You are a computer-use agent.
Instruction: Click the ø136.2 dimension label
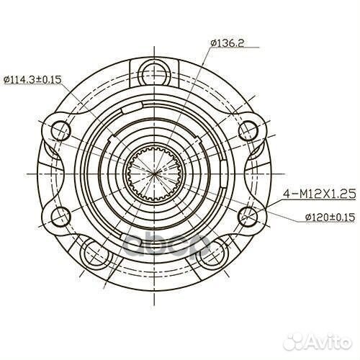coord(228,43)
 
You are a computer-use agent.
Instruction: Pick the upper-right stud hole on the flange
coord(248,130)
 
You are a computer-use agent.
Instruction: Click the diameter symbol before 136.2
coord(214,43)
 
